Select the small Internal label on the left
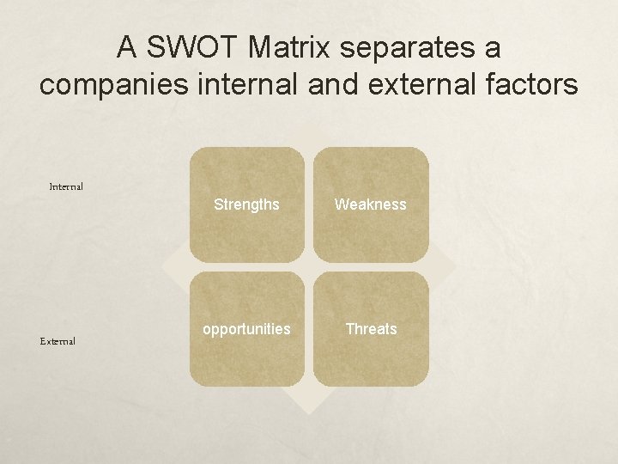click(66, 186)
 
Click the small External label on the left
click(58, 341)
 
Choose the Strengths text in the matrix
click(246, 205)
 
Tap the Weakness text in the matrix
click(371, 205)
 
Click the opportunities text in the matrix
click(246, 329)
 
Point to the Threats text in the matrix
click(371, 329)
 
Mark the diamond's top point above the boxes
click(308, 125)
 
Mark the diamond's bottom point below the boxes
click(308, 410)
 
